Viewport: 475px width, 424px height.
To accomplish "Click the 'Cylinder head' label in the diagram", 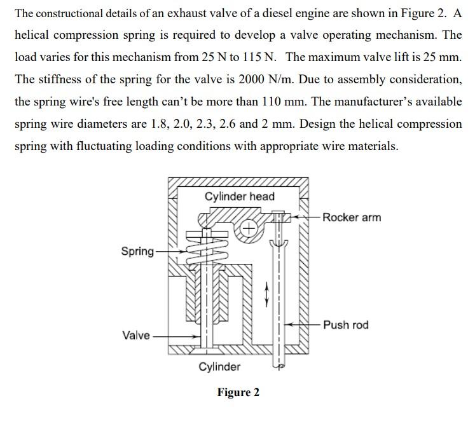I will [240, 196].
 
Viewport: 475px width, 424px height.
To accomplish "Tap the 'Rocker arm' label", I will [352, 217].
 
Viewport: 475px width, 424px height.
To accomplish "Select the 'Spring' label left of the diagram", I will [137, 252].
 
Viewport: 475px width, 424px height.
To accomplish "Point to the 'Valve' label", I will [137, 335].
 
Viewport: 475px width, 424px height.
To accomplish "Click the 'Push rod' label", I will [345, 325].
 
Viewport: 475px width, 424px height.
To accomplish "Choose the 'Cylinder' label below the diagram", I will [219, 367].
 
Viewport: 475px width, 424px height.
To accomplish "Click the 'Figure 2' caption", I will [238, 392].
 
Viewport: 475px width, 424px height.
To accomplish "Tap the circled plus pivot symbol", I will [249, 227].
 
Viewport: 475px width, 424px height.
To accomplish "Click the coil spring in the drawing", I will [205, 250].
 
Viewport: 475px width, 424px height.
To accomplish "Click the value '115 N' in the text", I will [259, 57].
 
